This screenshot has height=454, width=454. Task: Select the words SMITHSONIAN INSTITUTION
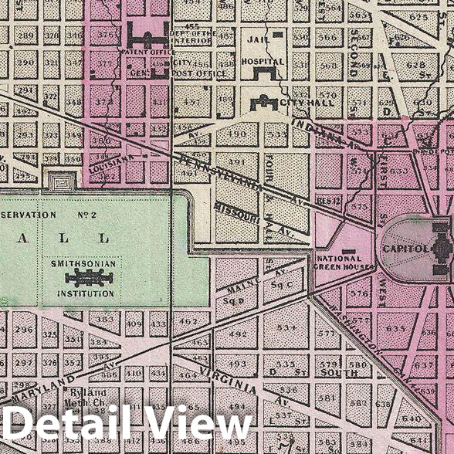tap(83, 269)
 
